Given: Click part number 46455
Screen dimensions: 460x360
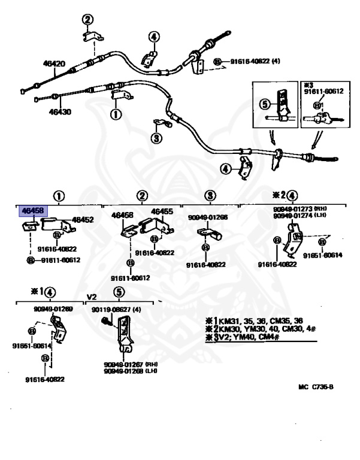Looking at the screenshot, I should pos(162,211).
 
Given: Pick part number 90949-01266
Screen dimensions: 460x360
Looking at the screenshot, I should pos(208,218).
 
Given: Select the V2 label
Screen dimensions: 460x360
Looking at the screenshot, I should pos(91,297).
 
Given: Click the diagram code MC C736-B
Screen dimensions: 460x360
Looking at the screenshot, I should pos(315,387).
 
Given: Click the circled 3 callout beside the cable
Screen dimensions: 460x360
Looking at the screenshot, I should pos(156,139).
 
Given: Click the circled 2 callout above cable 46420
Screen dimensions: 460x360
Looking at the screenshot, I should pos(87,20).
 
